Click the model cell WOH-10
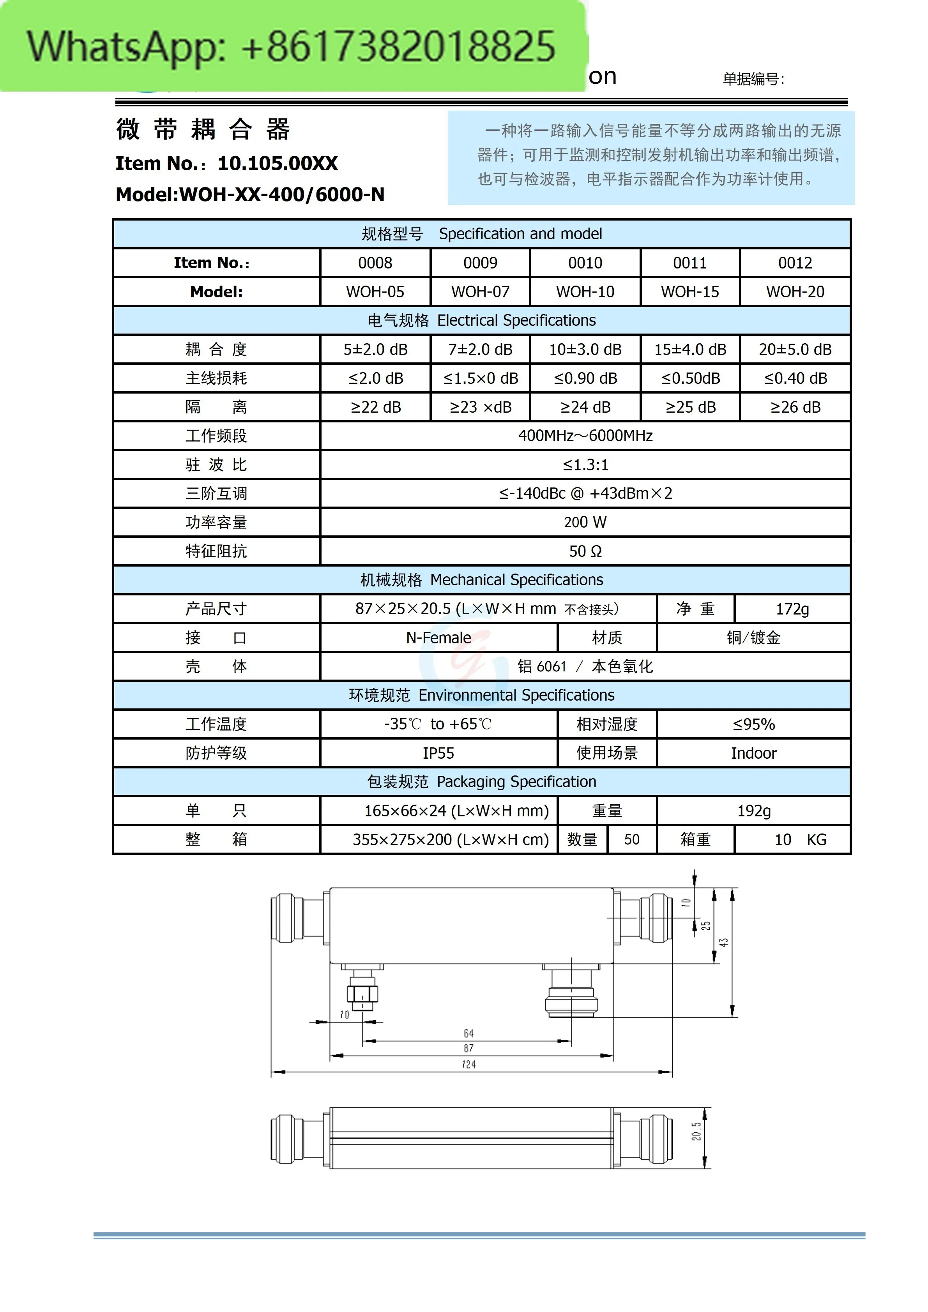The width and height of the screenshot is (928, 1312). click(585, 292)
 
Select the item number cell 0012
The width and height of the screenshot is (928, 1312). click(795, 263)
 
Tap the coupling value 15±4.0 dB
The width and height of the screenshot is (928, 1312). click(690, 349)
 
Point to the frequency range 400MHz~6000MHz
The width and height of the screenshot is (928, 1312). click(585, 436)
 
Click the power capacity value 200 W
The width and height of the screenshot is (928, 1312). click(585, 522)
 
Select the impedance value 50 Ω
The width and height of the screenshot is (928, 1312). click(585, 551)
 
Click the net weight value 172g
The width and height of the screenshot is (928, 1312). click(792, 609)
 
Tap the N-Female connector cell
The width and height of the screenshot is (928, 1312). click(438, 638)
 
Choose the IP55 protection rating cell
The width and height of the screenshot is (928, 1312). click(438, 753)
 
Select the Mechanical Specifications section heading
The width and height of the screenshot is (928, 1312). click(482, 580)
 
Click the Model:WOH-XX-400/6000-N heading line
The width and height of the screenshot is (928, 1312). click(250, 195)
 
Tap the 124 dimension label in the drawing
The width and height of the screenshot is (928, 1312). click(468, 1064)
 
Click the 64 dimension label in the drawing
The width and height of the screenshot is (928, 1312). click(468, 1033)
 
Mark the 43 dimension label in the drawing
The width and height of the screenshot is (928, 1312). click(723, 942)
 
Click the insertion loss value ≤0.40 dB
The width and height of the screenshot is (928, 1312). click(795, 378)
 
